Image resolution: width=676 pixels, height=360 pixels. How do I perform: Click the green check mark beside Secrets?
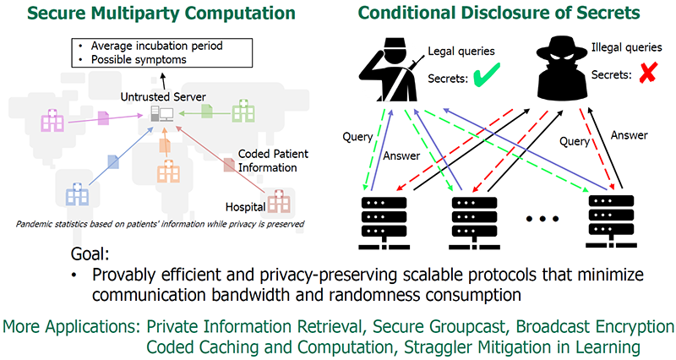487,74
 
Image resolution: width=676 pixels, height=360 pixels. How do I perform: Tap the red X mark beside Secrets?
647,73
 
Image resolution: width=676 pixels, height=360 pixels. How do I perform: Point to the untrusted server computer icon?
162,114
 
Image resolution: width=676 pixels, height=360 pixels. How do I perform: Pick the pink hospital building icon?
52,120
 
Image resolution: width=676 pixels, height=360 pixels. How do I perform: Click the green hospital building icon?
243,111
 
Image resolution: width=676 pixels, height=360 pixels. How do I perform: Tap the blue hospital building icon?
77,194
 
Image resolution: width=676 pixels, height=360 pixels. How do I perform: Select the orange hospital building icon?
168,172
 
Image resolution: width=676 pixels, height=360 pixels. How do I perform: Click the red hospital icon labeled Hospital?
279,201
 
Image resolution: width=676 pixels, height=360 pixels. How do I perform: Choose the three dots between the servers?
542,219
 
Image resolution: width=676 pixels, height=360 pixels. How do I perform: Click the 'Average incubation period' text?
156,46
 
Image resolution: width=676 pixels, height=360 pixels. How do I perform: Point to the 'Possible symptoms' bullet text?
139,59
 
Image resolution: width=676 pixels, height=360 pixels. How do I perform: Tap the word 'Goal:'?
90,254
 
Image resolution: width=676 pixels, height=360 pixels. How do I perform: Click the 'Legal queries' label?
461,52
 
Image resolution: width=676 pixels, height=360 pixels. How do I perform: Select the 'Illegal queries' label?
626,47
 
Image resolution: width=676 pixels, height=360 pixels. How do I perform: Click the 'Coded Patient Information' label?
273,161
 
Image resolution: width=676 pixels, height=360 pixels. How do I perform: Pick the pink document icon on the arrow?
103,118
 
